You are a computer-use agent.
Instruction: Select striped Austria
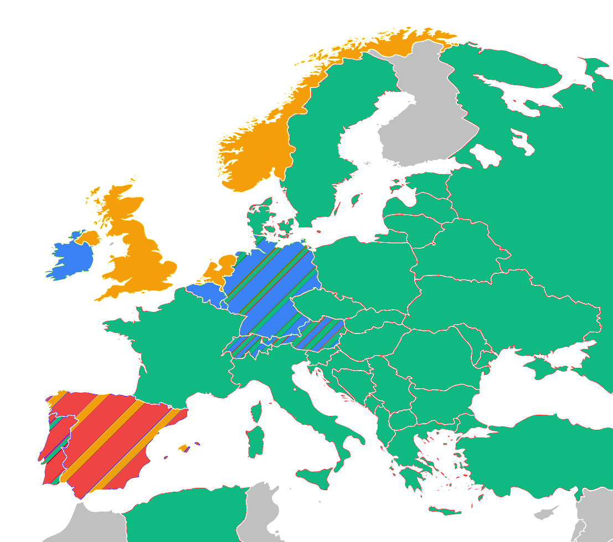pos(318,335)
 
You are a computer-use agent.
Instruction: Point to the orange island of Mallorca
pos(183,447)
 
